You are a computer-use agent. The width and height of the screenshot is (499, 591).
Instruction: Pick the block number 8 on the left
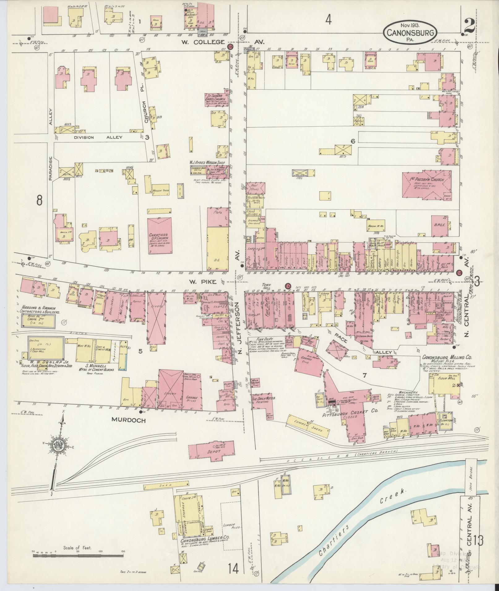[x=39, y=201]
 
